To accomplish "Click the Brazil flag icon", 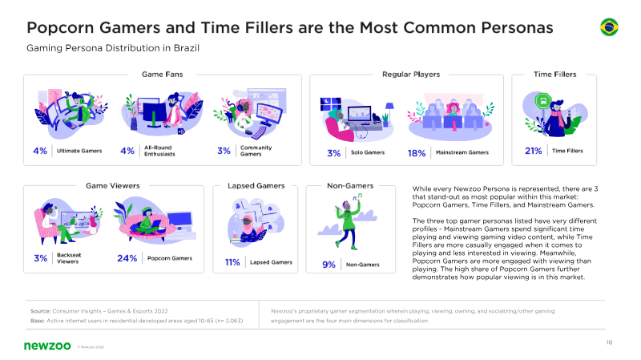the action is [609, 27].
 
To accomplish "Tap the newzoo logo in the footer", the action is [47, 346].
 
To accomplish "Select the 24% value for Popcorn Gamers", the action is [127, 258].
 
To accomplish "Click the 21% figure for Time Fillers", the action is [533, 151].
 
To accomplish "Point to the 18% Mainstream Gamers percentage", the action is [417, 153].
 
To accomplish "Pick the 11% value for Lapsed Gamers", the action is [232, 262].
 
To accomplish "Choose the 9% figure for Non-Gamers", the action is [329, 265].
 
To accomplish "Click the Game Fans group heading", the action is [163, 74].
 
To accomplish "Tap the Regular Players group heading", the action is [411, 74].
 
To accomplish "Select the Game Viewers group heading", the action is [113, 186].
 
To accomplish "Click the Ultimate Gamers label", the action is [79, 151].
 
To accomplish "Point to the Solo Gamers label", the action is [368, 152].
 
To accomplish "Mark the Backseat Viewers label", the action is [69, 258].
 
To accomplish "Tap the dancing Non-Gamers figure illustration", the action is [348, 221].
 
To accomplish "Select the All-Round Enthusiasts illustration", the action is [162, 113].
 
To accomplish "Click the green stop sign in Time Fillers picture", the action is [543, 100].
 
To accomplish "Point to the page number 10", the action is [609, 342].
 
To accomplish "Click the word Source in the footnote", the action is [40, 311].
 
